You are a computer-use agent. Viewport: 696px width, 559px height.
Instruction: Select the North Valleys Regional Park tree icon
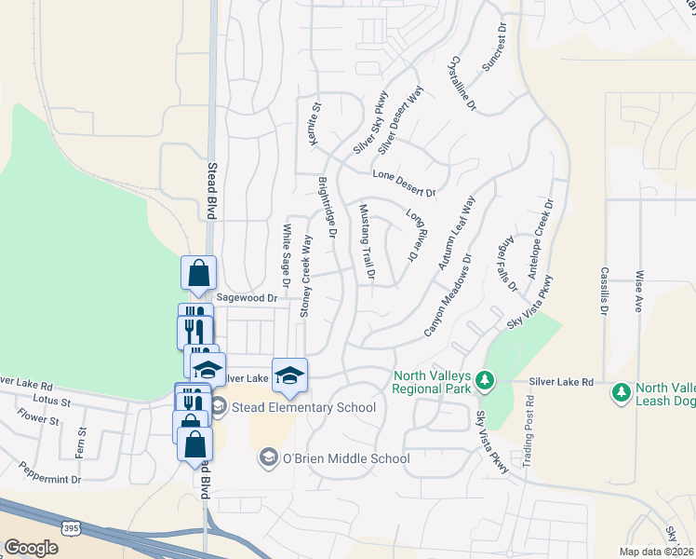483,380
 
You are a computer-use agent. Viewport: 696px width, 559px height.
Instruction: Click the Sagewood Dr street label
247,298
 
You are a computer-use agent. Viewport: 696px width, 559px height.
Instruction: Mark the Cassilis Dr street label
604,292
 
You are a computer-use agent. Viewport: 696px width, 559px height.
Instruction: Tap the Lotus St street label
53,402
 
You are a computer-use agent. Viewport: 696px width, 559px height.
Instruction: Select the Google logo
31,548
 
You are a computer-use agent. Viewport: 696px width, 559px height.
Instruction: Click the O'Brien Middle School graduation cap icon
269,457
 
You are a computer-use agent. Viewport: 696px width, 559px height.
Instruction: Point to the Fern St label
83,442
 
